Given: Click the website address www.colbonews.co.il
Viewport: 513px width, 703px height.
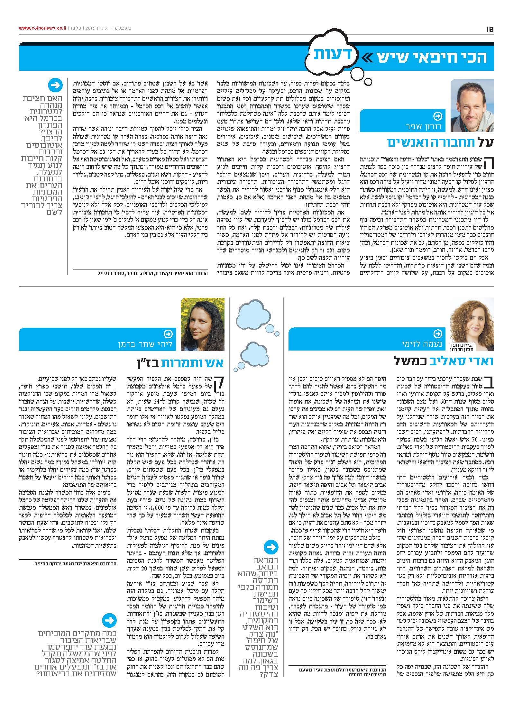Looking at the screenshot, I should pos(43,28).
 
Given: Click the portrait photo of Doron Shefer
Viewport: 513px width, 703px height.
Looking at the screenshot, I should pos(472,105).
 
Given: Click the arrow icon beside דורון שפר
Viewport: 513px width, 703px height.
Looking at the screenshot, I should pos(438,116).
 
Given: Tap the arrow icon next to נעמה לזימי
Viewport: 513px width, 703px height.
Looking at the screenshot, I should pos(438,333).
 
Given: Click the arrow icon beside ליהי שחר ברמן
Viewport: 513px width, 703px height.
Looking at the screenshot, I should pos(168,334).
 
